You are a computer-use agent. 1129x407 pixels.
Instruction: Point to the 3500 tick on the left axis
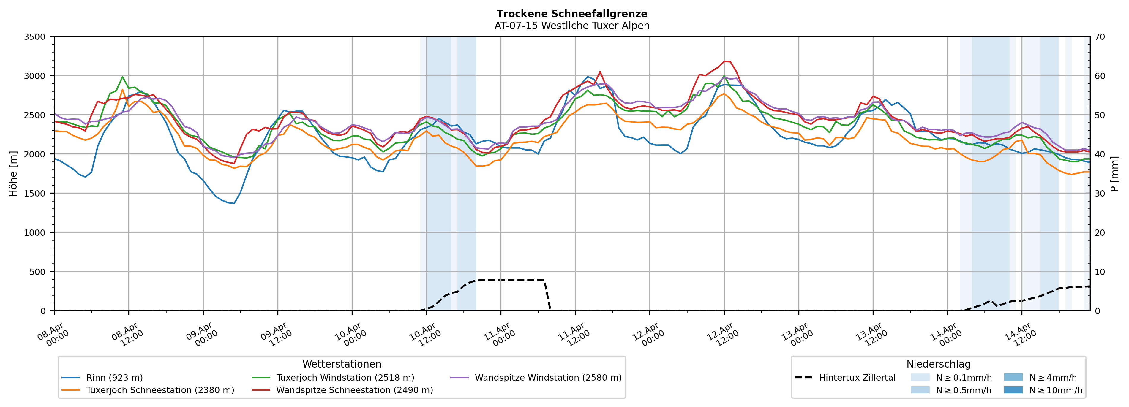(x=35, y=37)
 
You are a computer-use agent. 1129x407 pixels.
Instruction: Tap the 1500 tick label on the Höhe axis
(x=35, y=194)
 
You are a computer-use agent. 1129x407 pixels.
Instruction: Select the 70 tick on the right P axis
(x=1100, y=37)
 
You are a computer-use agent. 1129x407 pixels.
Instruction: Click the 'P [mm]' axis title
(x=1114, y=173)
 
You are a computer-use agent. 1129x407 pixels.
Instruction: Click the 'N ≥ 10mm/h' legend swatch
(x=1013, y=390)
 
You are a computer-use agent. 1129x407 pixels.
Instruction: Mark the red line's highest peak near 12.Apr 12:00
(x=724, y=61)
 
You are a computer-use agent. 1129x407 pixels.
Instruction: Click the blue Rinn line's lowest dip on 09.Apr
(x=234, y=203)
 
